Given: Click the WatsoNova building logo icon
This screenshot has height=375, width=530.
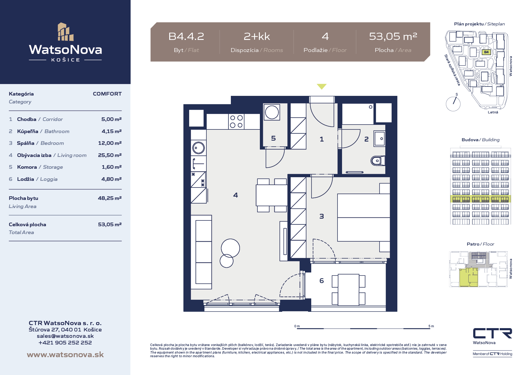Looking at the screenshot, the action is (66, 32).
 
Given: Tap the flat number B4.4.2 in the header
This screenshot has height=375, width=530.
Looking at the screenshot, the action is (186, 37).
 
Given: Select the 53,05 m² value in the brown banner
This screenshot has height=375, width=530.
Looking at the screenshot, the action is (393, 37).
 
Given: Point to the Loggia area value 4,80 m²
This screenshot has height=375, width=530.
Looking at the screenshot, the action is (111, 179).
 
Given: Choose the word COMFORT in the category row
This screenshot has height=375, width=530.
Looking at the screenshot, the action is (107, 94).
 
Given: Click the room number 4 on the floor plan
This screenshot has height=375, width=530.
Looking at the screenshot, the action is (236, 195).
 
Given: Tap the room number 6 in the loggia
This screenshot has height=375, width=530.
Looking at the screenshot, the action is (322, 281).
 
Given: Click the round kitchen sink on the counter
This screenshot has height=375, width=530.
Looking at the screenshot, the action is (198, 148).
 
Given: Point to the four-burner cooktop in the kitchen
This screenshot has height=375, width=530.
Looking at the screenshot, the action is (236, 122).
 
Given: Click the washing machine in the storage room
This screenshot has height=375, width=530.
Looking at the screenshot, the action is (272, 112).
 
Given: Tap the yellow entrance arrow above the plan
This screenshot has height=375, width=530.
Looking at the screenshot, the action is (322, 86).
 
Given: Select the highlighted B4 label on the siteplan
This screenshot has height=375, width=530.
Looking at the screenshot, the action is (486, 52).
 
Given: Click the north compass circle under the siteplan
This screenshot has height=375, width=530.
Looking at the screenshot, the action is (453, 104).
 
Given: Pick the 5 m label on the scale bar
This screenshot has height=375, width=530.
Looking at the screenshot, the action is (431, 326).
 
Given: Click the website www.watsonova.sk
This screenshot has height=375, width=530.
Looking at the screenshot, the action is (65, 355).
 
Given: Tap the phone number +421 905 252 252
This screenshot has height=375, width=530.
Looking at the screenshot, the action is (65, 343).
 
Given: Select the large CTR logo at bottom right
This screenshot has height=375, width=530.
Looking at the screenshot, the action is (493, 333).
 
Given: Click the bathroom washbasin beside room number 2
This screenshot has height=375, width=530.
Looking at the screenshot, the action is (380, 139).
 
